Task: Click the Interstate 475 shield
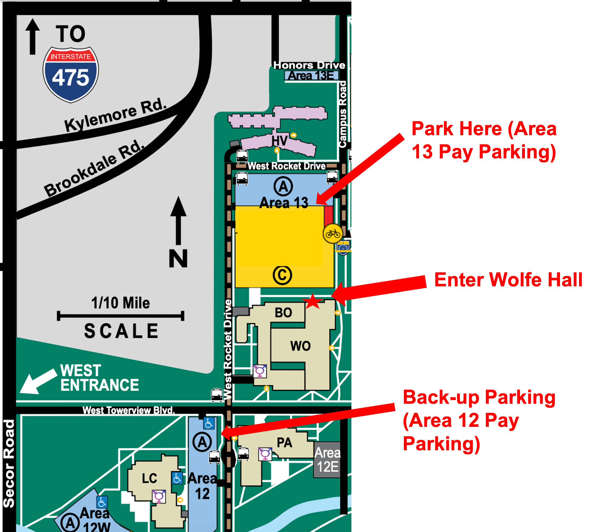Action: point(71,75)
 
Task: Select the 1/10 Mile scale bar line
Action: point(120,316)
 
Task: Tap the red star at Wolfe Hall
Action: point(312,301)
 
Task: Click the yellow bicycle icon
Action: point(333,234)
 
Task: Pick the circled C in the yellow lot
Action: point(282,275)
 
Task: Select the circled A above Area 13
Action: point(283,186)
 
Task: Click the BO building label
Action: point(283,313)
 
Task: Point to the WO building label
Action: point(300,346)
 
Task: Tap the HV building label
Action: point(279,141)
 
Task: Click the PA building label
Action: point(284,443)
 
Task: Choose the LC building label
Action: point(149,479)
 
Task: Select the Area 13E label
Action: point(311,76)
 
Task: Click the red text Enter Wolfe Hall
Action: point(508,280)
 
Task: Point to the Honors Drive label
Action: point(309,65)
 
